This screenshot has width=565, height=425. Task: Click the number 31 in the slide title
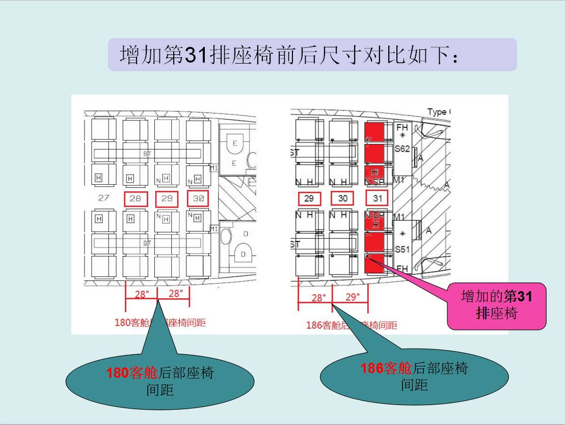pyautogui.click(x=196, y=54)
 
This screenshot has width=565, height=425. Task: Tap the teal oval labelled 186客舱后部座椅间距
pyautogui.click(x=414, y=376)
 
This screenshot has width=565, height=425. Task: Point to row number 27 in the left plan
pyautogui.click(x=103, y=199)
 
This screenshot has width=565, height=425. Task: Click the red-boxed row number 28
pyautogui.click(x=136, y=199)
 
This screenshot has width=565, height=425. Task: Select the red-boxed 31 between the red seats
pyautogui.click(x=377, y=199)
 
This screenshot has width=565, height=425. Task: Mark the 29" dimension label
pyautogui.click(x=353, y=297)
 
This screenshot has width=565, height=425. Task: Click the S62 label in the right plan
pyautogui.click(x=402, y=149)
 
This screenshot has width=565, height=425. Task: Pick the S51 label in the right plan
pyautogui.click(x=402, y=249)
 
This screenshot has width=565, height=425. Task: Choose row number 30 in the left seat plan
pyautogui.click(x=199, y=199)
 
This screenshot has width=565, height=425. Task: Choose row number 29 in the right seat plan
pyautogui.click(x=309, y=199)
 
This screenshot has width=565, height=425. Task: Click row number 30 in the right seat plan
pyautogui.click(x=343, y=199)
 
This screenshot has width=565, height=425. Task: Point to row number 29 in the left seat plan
pyautogui.click(x=167, y=199)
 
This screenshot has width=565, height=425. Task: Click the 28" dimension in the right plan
pyautogui.click(x=318, y=298)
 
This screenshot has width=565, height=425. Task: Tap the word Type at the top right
pyautogui.click(x=437, y=112)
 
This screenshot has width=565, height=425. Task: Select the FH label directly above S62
pyautogui.click(x=402, y=127)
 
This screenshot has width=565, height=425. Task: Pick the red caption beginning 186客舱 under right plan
pyautogui.click(x=352, y=325)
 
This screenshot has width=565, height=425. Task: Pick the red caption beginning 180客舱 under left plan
pyautogui.click(x=160, y=322)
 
